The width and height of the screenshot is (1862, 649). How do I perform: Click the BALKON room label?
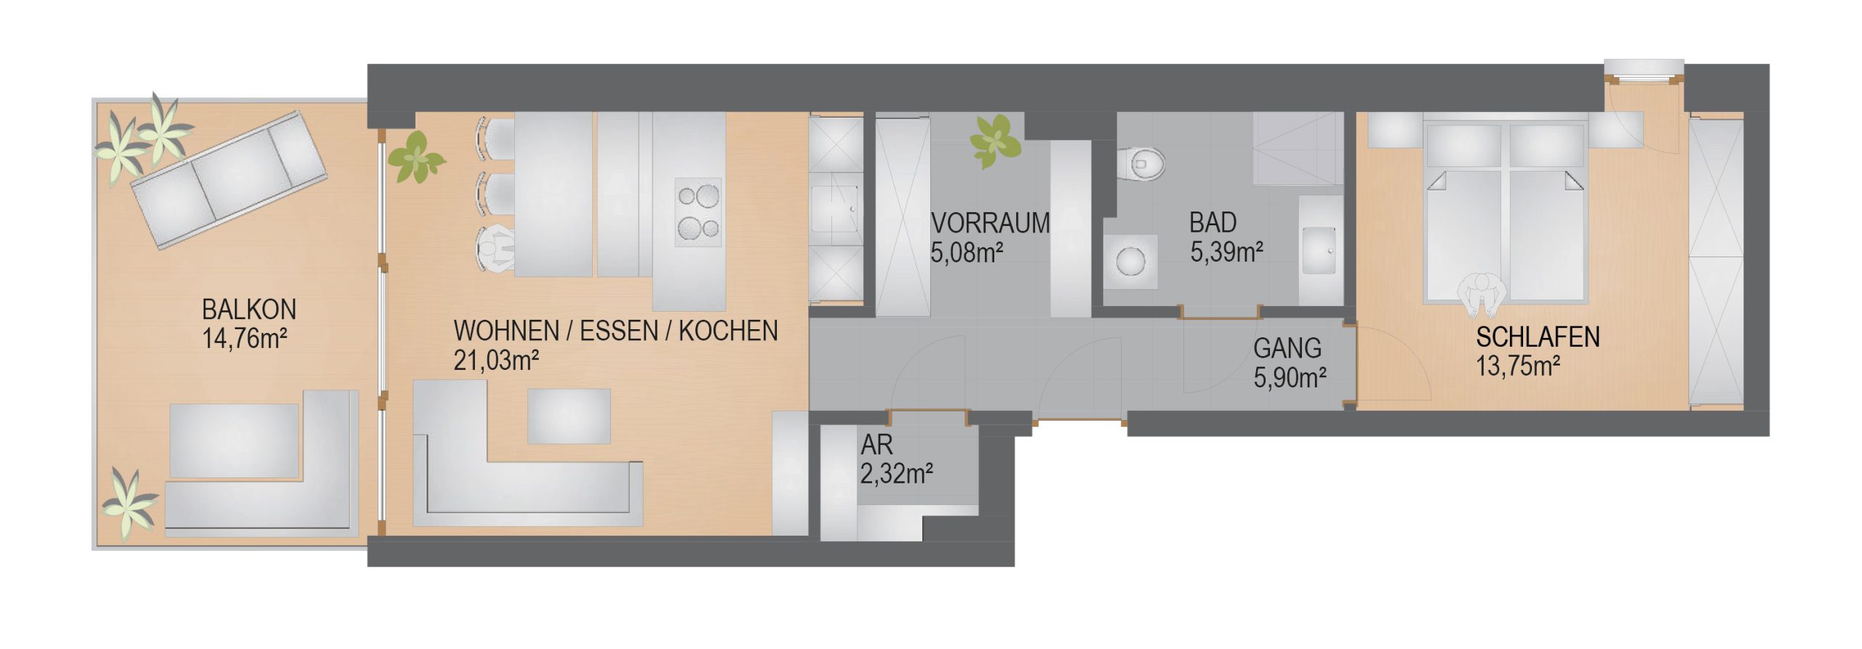tap(249, 310)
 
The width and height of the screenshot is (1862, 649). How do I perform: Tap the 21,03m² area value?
tap(496, 360)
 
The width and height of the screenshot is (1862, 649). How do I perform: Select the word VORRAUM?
tap(990, 222)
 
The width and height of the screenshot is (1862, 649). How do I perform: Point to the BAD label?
tap(1212, 222)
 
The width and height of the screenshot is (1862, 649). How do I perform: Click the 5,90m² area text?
tap(1290, 377)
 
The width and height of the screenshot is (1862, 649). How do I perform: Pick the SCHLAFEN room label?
tap(1538, 337)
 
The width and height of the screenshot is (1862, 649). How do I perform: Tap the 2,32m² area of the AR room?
tap(897, 473)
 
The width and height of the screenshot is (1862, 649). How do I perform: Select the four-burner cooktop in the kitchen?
tap(698, 212)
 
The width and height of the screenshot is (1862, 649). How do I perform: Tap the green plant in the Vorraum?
tap(995, 140)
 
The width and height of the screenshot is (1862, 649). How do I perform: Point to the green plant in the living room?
tap(415, 156)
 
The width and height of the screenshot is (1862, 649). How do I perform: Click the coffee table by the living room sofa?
tap(568, 416)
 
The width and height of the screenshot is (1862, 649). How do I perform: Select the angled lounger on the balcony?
tap(228, 180)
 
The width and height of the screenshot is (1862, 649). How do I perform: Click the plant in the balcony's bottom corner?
tap(129, 504)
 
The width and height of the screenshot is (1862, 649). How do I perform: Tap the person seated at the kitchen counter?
tap(496, 249)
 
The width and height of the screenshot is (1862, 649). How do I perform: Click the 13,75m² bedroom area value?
tap(1518, 366)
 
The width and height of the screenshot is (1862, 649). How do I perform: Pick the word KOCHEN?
tap(728, 331)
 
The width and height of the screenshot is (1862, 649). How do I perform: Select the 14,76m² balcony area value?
tap(244, 339)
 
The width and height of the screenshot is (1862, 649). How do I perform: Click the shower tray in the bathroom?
tap(1297, 149)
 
